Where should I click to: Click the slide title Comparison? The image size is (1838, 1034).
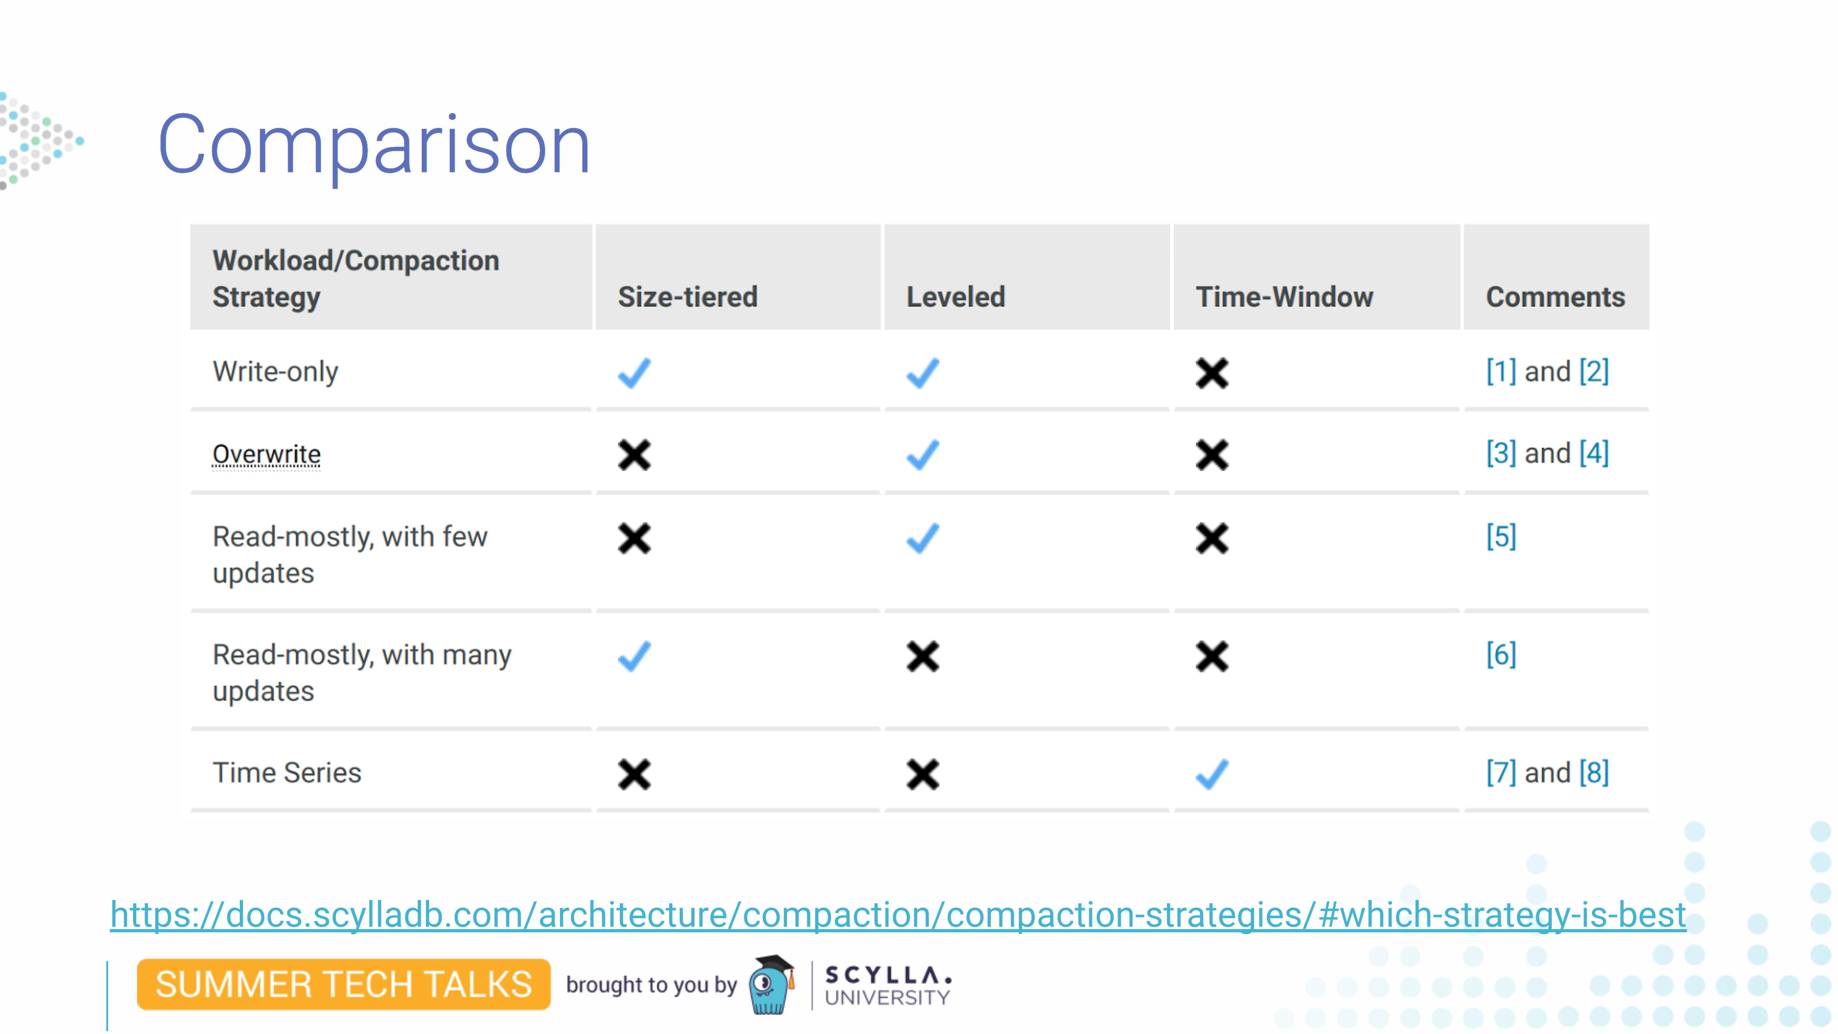[374, 146]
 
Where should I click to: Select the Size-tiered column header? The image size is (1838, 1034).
[688, 297]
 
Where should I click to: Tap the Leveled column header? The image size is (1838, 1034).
[955, 297]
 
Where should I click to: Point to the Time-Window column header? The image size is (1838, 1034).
[1284, 297]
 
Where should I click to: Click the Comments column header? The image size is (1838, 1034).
[1556, 297]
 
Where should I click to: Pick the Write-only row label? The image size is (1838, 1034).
[275, 372]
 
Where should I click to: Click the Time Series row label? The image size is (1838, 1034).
[287, 773]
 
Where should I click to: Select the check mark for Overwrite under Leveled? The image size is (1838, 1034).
[922, 455]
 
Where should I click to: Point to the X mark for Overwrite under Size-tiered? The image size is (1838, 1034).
[634, 455]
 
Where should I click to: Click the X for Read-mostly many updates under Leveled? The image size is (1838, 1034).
[922, 656]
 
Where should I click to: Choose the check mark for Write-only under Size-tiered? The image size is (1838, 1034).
[634, 372]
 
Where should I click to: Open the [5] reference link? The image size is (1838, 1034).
[1501, 537]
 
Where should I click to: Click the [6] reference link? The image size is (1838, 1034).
[1501, 654]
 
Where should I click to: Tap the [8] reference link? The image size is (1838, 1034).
[1594, 773]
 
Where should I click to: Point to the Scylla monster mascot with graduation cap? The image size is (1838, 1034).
[771, 985]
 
